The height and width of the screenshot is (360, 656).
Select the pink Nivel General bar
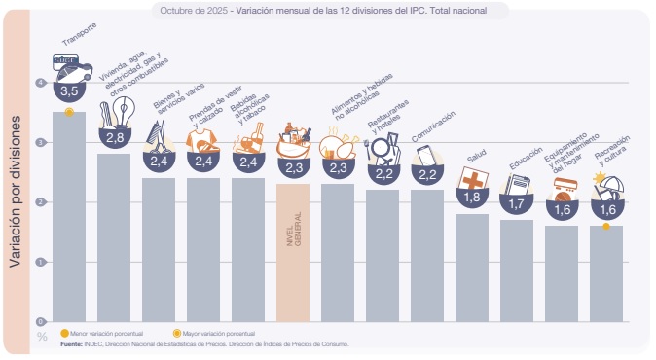point(293,252)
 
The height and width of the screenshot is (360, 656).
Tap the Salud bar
point(472,267)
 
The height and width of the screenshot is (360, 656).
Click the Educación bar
point(517,270)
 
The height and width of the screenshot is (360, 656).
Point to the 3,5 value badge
point(69,90)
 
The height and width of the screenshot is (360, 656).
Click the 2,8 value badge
point(114,138)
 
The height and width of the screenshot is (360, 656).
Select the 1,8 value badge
point(472,198)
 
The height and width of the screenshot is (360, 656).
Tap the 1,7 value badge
point(517,204)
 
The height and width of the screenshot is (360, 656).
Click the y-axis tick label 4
point(41,83)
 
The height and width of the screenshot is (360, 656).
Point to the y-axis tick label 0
point(41,321)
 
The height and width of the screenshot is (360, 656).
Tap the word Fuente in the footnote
point(71,343)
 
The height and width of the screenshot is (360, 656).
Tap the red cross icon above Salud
point(473,180)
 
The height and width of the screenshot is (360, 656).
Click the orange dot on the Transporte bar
point(69,112)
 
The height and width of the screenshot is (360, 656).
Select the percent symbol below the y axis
point(42,336)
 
